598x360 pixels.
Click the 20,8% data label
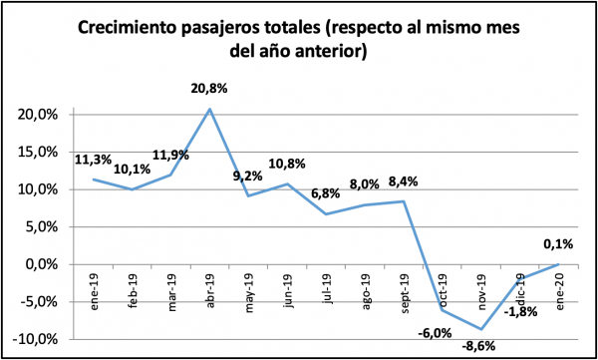tap(210, 89)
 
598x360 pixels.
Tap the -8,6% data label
tap(477, 347)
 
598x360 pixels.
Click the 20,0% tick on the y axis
tap(42, 115)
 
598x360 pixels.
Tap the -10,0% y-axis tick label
tap(40, 339)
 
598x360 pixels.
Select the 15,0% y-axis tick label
tap(42, 152)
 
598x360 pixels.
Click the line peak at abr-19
tap(209, 108)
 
